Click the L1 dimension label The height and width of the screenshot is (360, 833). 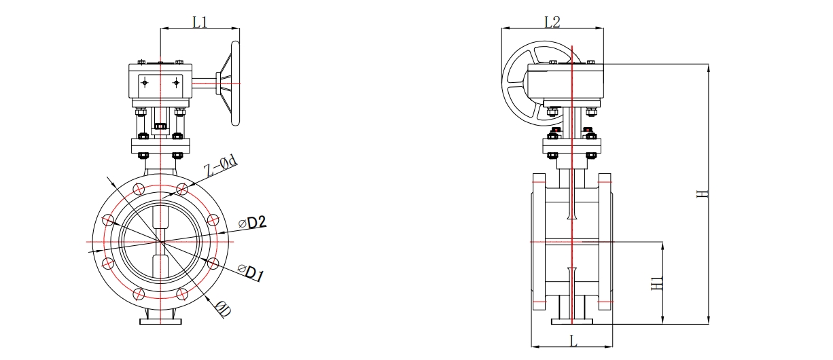(x=200, y=22)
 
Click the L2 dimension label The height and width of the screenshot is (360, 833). (x=552, y=22)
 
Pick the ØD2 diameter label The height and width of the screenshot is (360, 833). (x=252, y=222)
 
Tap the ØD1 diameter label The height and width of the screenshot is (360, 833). (x=251, y=274)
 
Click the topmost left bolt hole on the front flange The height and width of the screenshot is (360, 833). (x=139, y=189)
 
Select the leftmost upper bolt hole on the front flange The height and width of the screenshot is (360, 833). (x=107, y=220)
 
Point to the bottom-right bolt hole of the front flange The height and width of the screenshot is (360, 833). (x=181, y=293)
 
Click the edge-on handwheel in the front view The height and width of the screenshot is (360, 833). (x=236, y=84)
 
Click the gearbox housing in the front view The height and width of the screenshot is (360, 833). (x=160, y=83)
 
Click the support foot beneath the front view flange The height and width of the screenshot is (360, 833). (x=160, y=320)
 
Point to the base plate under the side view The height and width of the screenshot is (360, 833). (x=572, y=323)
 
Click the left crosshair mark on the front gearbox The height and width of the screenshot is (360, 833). (x=144, y=83)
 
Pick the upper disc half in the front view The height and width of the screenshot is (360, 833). (x=160, y=217)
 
